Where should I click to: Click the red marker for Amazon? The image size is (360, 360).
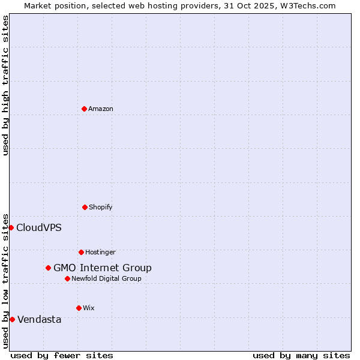(84, 109)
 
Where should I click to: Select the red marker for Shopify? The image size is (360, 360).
(85, 207)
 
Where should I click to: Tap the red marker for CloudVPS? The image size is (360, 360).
(11, 227)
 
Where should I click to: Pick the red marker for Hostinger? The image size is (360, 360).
(81, 252)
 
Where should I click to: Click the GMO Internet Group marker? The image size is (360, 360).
(48, 268)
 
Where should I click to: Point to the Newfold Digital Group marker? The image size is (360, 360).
(67, 278)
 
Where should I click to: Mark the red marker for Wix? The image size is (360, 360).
(79, 308)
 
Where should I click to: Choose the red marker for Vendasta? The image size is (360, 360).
(12, 319)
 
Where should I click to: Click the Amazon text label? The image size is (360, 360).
(101, 109)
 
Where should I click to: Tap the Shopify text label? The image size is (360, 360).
(101, 207)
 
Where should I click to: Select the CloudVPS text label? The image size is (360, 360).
(39, 227)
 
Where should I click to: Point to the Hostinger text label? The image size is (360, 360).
(100, 252)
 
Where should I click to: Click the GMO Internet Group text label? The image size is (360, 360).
(103, 268)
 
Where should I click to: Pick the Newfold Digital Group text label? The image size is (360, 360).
(107, 278)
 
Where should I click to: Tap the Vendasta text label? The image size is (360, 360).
(40, 319)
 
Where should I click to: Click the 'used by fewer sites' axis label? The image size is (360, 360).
(62, 355)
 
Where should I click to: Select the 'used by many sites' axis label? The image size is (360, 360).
(301, 355)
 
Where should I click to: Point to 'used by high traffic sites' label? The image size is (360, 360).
(5, 85)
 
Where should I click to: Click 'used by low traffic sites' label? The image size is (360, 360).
(5, 281)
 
